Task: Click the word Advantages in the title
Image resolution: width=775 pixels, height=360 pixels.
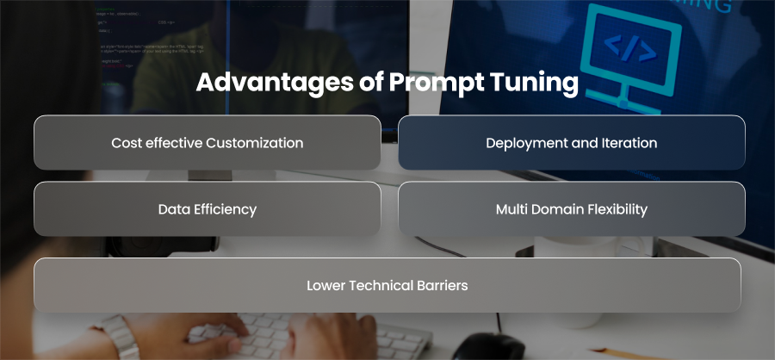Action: (x=274, y=83)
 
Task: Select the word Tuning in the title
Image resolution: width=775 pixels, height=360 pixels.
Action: (x=534, y=83)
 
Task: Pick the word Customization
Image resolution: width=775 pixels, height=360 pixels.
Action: (x=255, y=143)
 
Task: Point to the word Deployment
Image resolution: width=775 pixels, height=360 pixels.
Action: (x=526, y=144)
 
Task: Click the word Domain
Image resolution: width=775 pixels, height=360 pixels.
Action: (x=557, y=209)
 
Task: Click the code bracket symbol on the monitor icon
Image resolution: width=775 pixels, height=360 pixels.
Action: (x=630, y=49)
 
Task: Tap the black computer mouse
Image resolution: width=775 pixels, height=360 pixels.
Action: (x=488, y=346)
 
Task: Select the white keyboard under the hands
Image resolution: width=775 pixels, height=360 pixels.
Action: (x=309, y=335)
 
